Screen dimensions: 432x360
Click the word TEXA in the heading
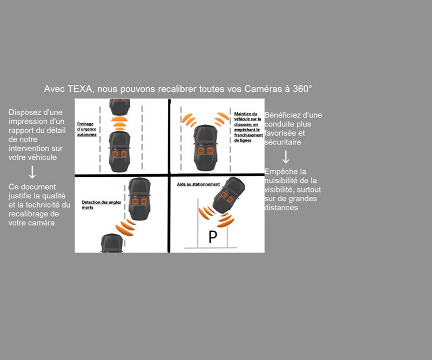(x=79, y=89)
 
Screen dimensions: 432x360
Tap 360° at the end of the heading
(x=302, y=89)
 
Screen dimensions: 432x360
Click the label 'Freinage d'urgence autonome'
(x=87, y=129)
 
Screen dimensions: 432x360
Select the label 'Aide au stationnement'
(x=198, y=184)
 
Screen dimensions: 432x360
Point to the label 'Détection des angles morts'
(x=102, y=204)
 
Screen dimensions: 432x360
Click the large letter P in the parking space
(x=213, y=237)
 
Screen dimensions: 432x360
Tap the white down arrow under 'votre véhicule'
(x=32, y=172)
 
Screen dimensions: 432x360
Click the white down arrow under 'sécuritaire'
(x=286, y=157)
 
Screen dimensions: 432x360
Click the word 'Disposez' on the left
(x=24, y=112)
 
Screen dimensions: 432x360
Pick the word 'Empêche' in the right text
(x=278, y=171)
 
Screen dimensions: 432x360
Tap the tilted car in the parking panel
(x=228, y=195)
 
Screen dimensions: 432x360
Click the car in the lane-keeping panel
(x=206, y=148)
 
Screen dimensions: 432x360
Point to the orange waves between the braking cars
(x=119, y=123)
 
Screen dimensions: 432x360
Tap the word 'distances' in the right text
(x=281, y=208)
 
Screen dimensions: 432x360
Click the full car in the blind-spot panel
(x=139, y=199)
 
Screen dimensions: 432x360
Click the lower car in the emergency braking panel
(x=119, y=152)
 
